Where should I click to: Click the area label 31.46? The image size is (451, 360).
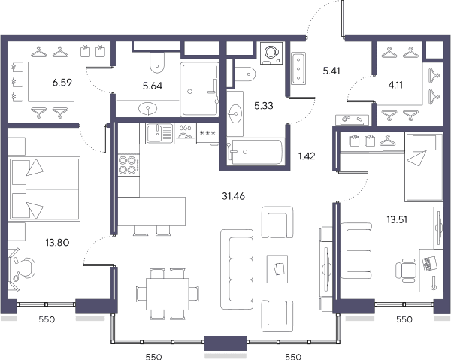click(x=233, y=196)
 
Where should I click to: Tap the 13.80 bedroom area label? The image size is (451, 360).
click(x=57, y=243)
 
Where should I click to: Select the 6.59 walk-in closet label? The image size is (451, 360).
click(x=62, y=83)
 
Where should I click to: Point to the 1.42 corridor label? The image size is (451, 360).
click(x=307, y=156)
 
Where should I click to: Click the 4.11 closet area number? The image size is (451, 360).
click(x=395, y=85)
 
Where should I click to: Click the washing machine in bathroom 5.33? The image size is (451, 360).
click(x=271, y=53)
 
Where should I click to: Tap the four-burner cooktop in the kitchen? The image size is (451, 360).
click(x=129, y=165)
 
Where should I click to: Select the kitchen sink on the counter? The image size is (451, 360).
click(x=159, y=133)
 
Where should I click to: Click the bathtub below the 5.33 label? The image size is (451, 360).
click(x=256, y=152)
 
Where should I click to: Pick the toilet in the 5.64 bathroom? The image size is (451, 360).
click(x=157, y=62)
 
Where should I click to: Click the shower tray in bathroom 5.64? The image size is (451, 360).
click(x=200, y=89)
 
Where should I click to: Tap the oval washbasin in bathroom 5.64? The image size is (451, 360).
click(x=147, y=109)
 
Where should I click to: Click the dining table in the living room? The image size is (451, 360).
click(x=167, y=294)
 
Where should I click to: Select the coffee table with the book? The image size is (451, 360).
click(x=277, y=269)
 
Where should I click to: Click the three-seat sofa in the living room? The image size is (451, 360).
click(x=237, y=269)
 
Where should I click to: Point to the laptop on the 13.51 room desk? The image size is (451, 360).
click(x=429, y=263)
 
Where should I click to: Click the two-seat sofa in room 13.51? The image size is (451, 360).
click(x=356, y=250)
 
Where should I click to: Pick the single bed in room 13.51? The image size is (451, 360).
click(x=424, y=167)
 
